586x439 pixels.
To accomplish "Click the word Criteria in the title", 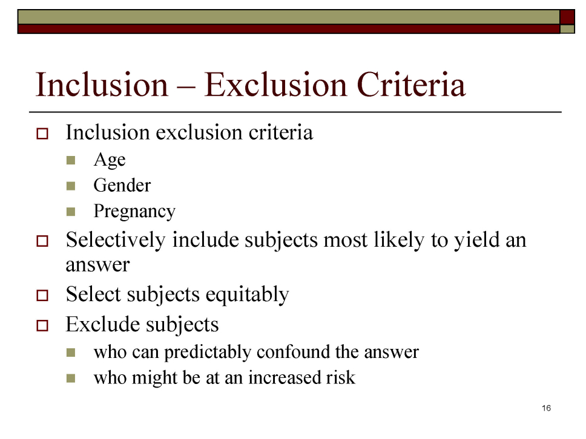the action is point(410,85).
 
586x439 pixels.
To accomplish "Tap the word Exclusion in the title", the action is point(275,85).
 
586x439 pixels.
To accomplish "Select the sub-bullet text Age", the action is point(110,160).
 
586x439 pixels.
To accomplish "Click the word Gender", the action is point(122,185).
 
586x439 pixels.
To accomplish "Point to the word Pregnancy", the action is point(134,212).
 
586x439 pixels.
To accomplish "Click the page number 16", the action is point(547,408).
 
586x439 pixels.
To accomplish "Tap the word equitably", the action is point(247,294).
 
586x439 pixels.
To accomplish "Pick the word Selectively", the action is point(116,239).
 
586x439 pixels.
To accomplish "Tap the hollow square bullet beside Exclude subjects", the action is point(42,325).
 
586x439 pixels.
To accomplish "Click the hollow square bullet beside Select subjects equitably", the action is point(42,295).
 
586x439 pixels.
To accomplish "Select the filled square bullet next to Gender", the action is point(71,186).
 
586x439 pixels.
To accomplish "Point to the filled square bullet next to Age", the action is point(71,160).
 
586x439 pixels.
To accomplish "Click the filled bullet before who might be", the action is point(71,379).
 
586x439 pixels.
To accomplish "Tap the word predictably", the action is point(208,353).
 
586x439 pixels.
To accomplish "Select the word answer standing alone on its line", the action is point(97,265).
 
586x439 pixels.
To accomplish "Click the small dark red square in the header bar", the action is point(567,17).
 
